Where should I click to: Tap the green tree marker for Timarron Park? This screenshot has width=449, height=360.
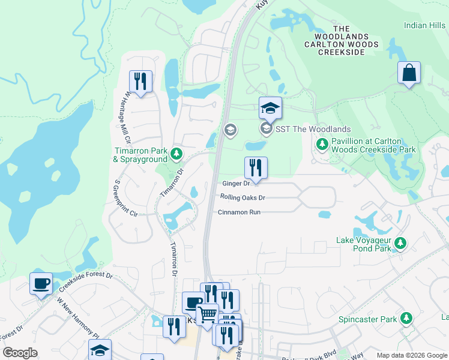point(176,155)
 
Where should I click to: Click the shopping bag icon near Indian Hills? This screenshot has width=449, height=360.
point(409,73)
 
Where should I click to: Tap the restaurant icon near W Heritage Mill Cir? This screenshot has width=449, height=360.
point(140,82)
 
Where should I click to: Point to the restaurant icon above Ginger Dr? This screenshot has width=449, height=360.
point(256,168)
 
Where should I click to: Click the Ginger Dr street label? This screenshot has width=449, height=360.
point(235,184)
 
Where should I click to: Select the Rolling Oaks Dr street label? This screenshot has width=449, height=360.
point(243,197)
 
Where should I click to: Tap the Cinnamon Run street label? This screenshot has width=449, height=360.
point(239,212)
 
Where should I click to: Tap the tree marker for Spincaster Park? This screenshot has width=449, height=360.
point(407,319)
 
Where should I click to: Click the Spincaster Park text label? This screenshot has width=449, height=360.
point(369,319)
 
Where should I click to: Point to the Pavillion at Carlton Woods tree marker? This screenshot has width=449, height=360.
point(322,144)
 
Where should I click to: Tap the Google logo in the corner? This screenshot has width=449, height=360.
point(20,353)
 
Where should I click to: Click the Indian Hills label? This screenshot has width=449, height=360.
point(424,25)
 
